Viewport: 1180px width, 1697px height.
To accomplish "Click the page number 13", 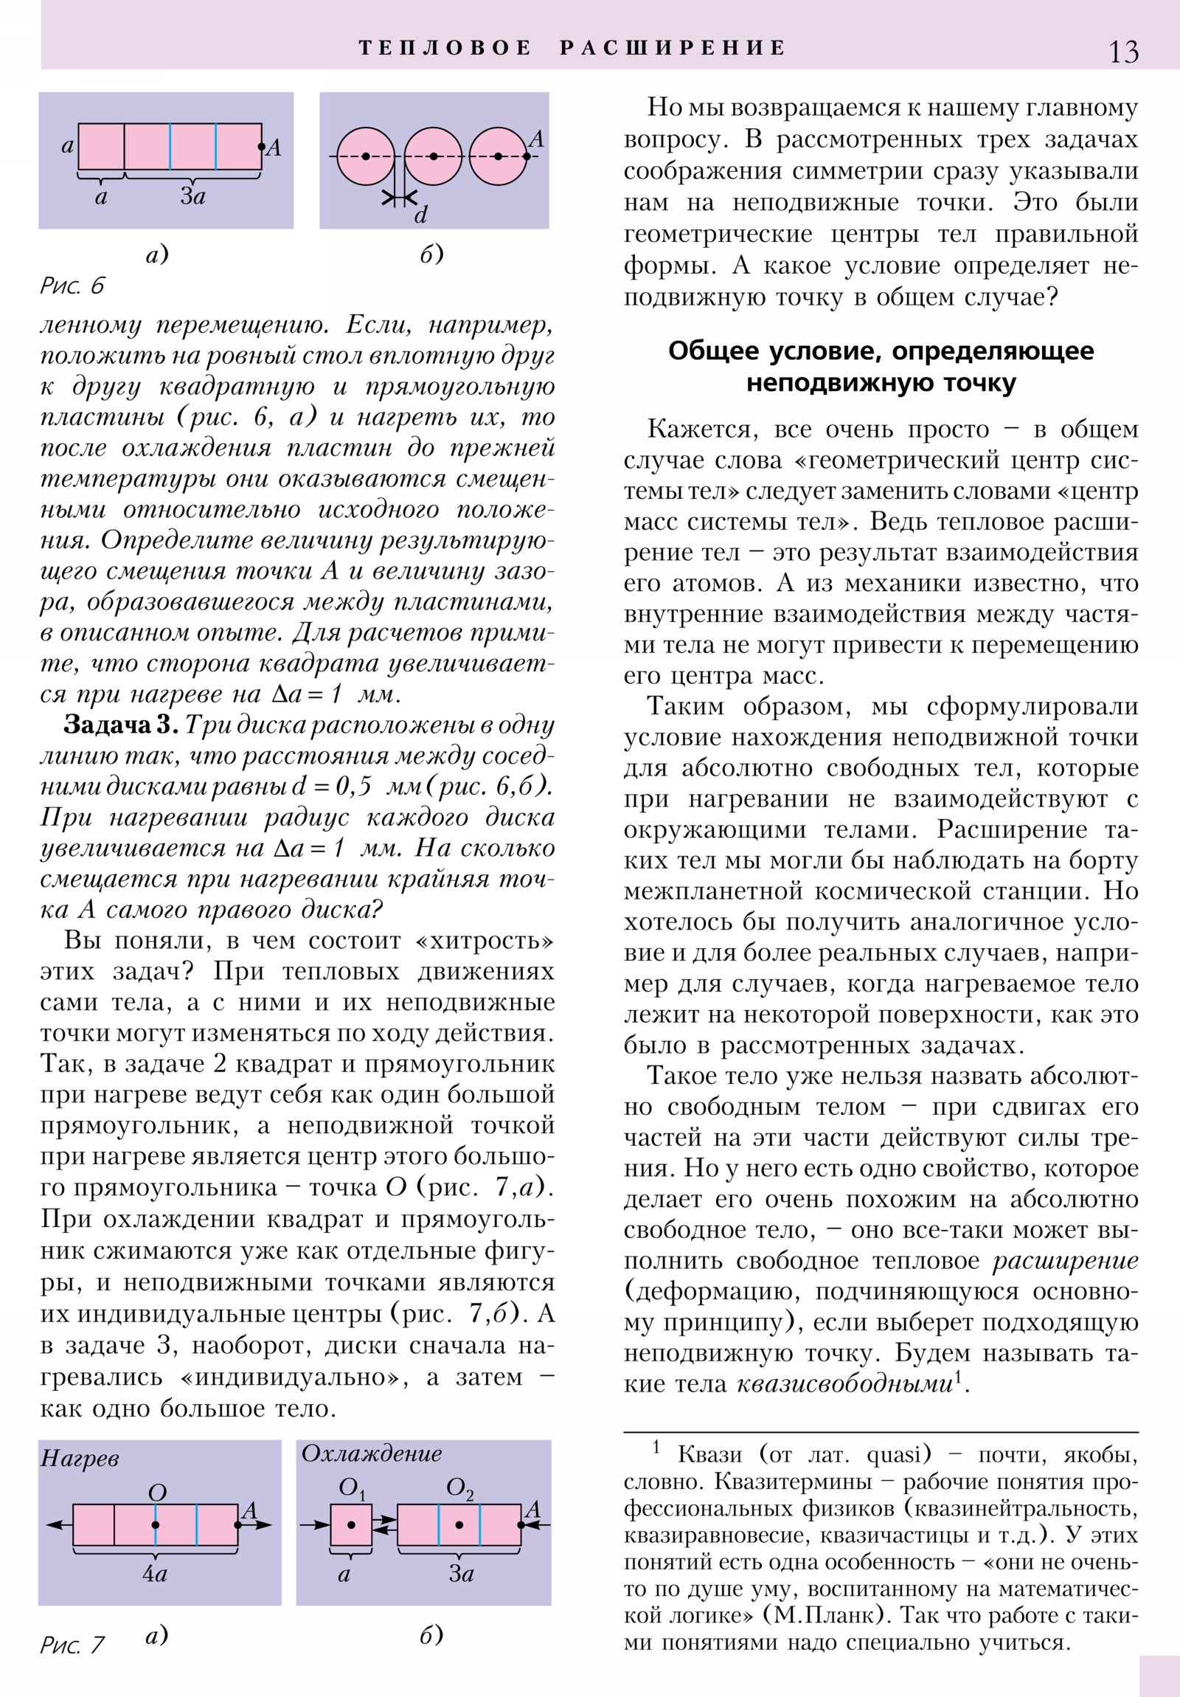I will point(1123,52).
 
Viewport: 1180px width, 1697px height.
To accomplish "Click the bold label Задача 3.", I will point(120,725).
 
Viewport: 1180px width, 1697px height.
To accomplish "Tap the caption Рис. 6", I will point(72,286).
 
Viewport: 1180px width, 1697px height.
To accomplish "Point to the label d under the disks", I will point(420,215).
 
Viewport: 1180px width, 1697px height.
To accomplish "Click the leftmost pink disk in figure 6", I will point(366,156).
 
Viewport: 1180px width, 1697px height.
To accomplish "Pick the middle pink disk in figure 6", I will point(433,156).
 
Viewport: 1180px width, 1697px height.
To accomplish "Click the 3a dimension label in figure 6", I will point(192,196).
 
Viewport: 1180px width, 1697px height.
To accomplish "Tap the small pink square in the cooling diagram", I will point(351,1525).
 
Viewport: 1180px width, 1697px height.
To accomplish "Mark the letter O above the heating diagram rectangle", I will point(157,1493).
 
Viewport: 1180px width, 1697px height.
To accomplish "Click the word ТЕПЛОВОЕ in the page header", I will point(445,48).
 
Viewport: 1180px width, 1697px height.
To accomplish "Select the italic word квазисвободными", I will point(844,1383).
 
